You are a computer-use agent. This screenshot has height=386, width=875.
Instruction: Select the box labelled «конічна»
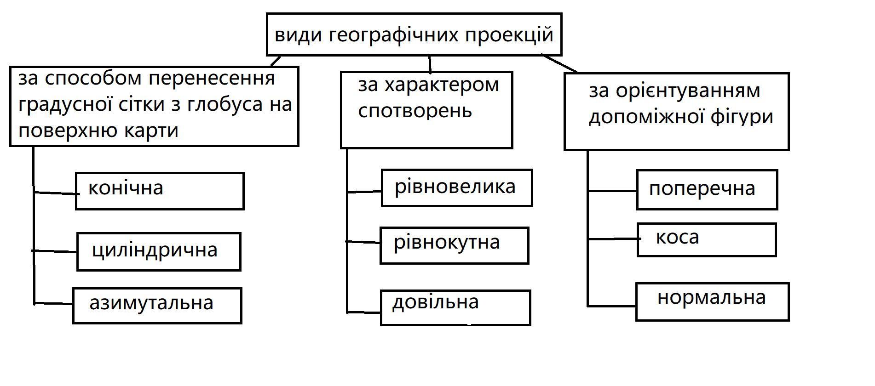pos(159,191)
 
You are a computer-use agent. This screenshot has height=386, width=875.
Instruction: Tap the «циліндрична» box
pos(159,251)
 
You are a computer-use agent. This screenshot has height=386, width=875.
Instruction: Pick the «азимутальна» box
pos(157,306)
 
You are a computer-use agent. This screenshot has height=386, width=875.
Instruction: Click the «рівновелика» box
pos(456,187)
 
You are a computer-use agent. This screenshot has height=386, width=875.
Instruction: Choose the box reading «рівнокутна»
pos(454,245)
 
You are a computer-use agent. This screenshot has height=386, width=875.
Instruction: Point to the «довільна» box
pos(455,307)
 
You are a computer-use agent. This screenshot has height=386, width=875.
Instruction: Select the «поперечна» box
pos(707,189)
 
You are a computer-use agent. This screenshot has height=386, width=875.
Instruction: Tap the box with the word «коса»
pos(706,239)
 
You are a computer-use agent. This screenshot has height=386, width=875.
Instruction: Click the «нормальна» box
pos(712,301)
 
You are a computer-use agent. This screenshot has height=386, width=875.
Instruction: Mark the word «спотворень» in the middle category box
pos(415,111)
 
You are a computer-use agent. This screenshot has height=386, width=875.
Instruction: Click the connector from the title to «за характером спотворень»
pos(430,63)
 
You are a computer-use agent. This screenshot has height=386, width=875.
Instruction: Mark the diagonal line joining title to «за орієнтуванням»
pos(559,63)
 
